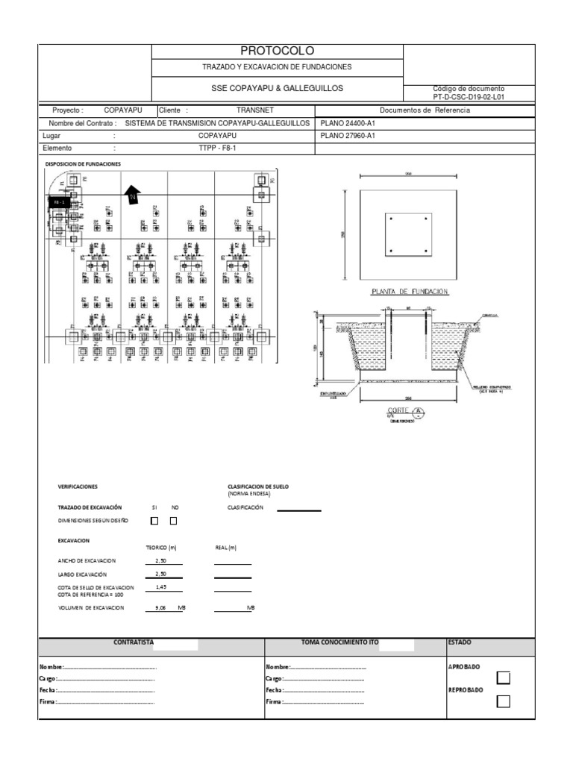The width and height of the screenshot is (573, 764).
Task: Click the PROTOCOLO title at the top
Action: [x=277, y=51]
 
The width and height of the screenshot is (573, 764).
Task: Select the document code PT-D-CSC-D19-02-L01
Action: [x=469, y=97]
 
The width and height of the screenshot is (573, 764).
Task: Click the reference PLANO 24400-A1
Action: [x=347, y=123]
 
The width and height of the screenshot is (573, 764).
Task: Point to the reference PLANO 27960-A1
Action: [x=347, y=136]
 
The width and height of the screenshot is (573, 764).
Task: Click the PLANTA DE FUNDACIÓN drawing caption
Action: [x=410, y=292]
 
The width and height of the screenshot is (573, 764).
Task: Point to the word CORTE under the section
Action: [x=396, y=411]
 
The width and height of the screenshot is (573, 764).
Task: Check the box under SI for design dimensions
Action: [x=154, y=521]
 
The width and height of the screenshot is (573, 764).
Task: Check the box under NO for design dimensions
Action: [x=173, y=521]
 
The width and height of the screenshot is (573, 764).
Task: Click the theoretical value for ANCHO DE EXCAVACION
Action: [x=161, y=560]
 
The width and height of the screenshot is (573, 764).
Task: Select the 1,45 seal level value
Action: [x=161, y=586]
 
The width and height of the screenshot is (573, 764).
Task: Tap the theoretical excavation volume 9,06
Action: [x=160, y=608]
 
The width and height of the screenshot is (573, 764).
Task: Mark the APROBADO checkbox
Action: [x=504, y=677]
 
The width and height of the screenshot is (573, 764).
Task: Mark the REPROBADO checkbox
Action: [x=504, y=701]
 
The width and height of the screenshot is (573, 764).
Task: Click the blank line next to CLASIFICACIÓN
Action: [x=298, y=510]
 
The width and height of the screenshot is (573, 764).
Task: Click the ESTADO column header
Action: [x=460, y=642]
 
